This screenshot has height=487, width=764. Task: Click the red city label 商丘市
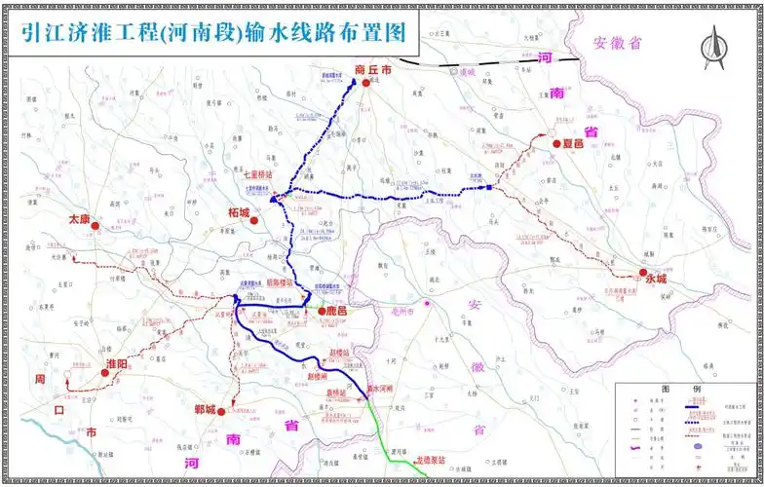373,70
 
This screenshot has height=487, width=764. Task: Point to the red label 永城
656,279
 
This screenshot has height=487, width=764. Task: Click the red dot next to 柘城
254,221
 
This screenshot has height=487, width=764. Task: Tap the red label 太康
78,219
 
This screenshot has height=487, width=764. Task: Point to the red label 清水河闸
379,389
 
